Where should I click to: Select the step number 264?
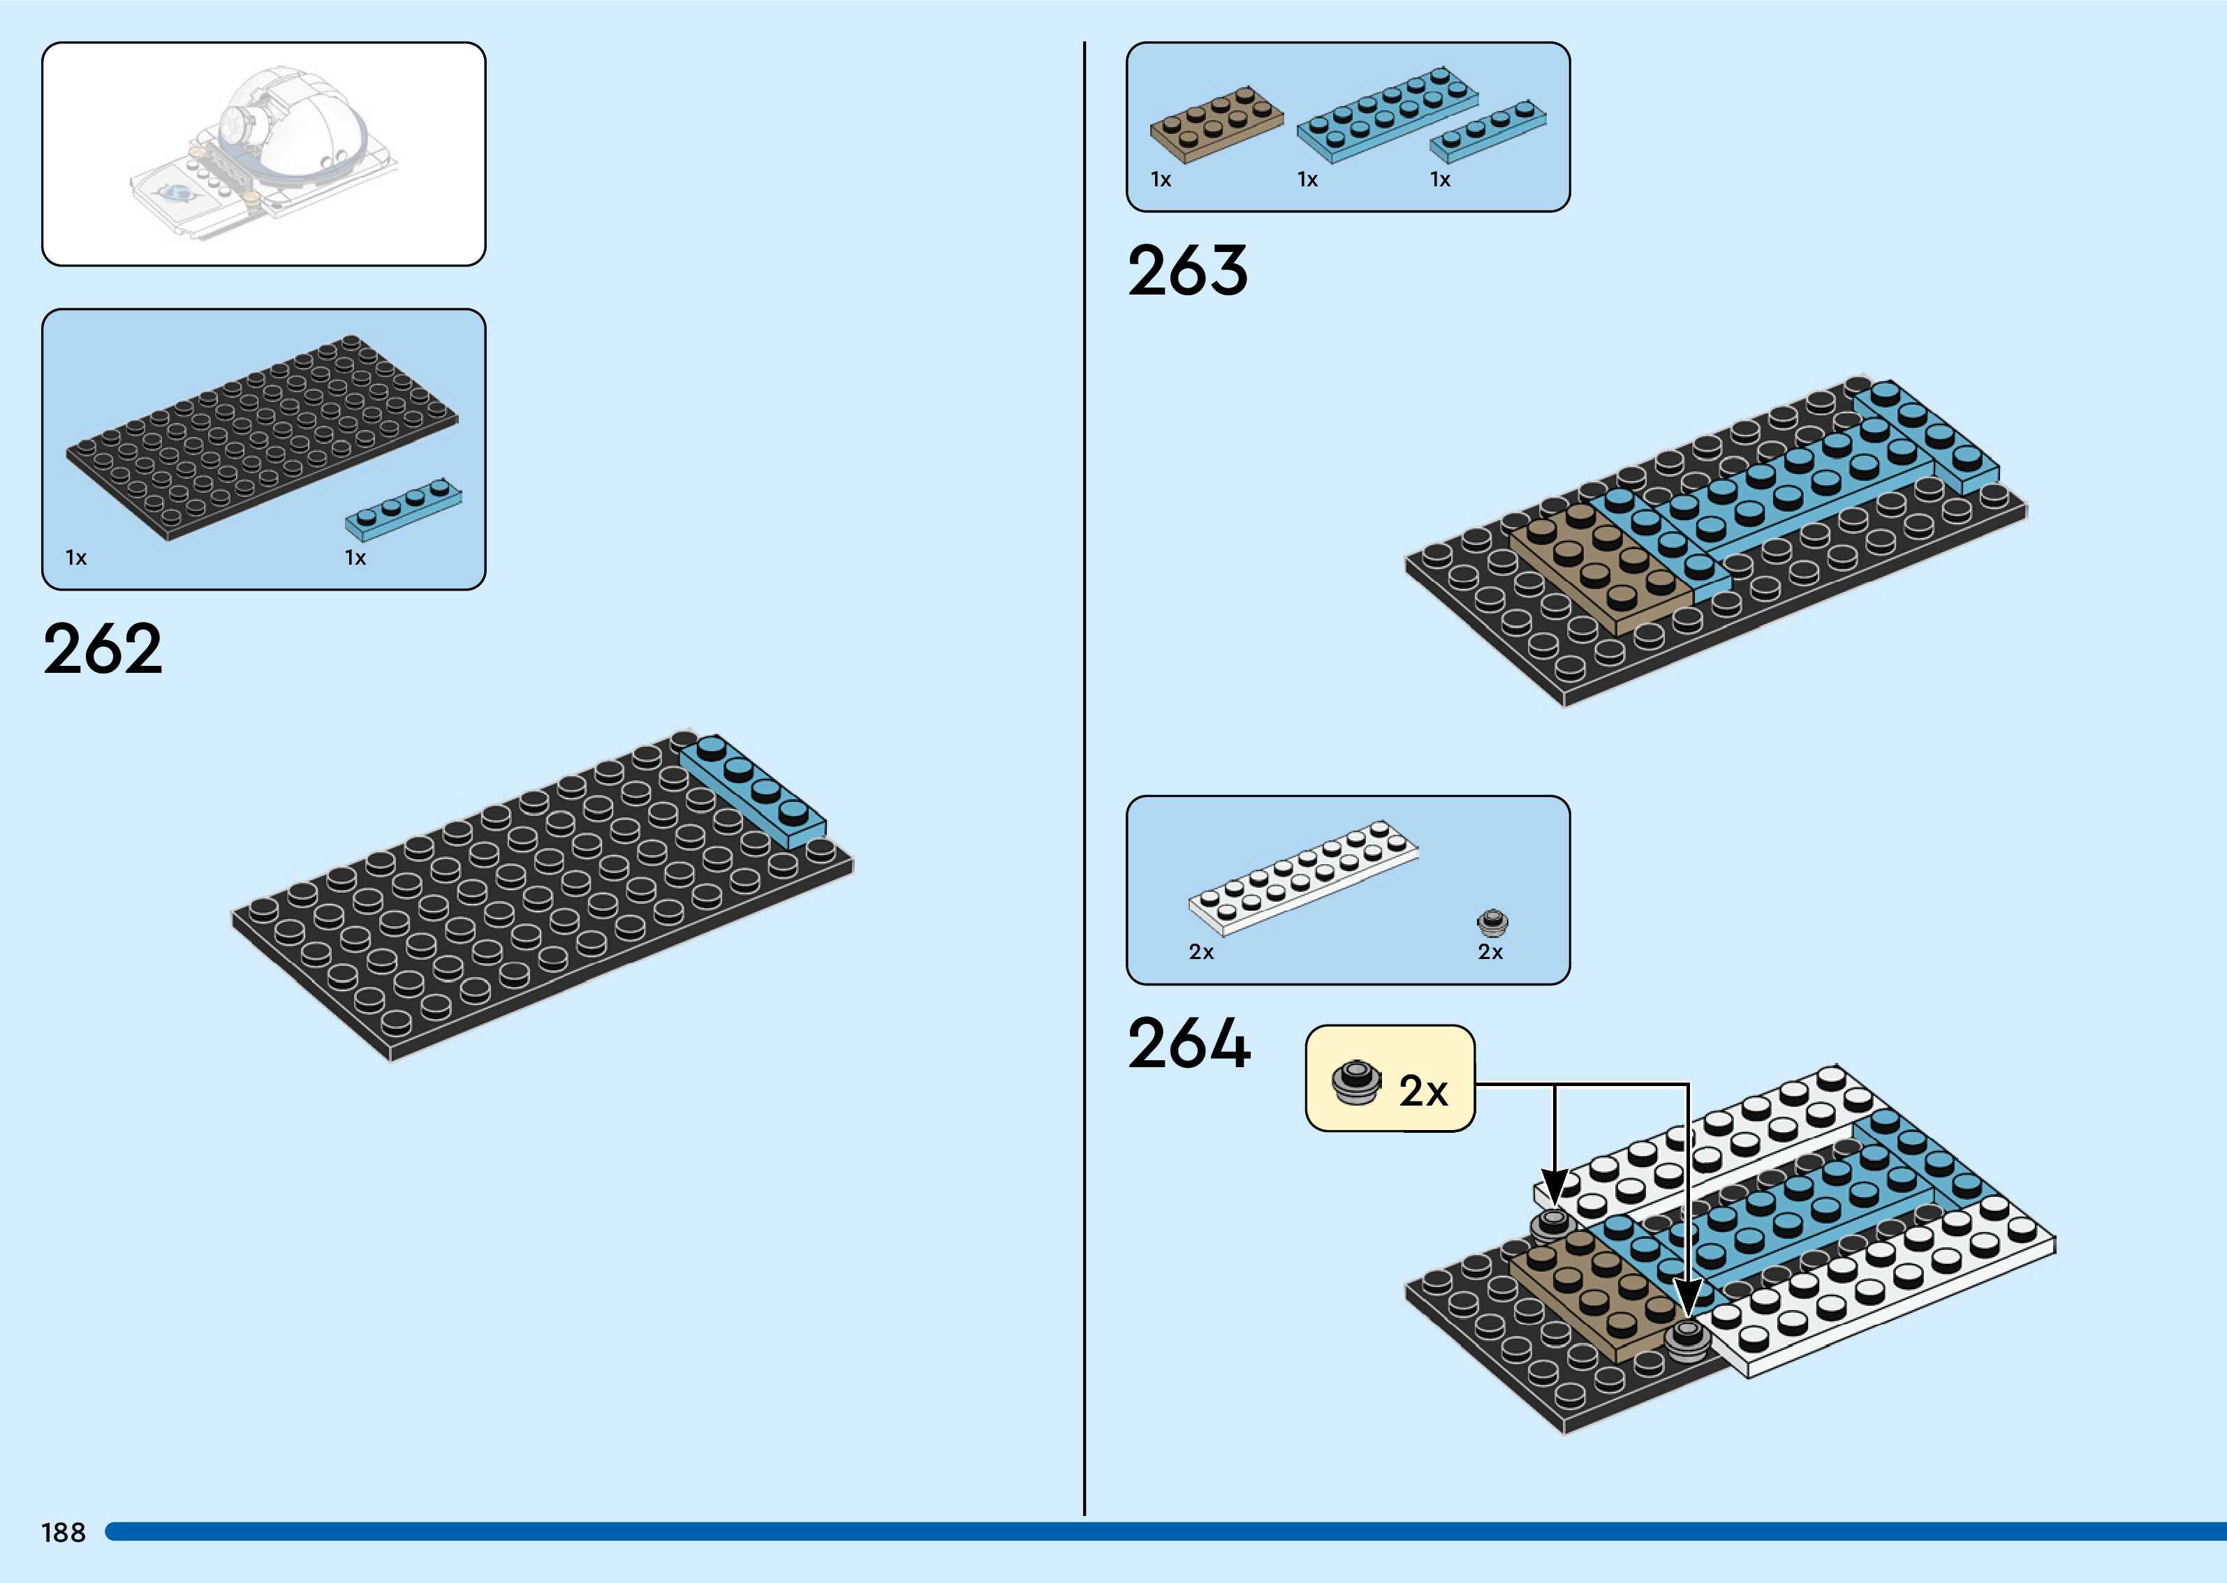1189,1044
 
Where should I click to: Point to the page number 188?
64,1532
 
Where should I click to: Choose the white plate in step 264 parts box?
1302,877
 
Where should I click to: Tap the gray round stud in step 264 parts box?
1492,921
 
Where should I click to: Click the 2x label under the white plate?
1201,952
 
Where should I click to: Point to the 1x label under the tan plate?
1161,179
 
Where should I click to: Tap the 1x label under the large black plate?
76,558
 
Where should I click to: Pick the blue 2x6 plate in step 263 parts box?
1386,114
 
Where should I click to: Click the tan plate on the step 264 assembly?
1594,1293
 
